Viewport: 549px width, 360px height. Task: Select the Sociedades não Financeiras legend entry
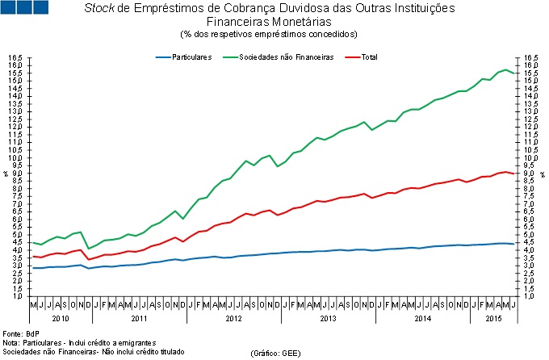[x=287, y=57]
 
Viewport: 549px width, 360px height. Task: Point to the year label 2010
[x=61, y=319]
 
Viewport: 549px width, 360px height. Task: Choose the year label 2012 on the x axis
[x=233, y=319]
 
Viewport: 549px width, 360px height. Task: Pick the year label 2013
[x=328, y=319]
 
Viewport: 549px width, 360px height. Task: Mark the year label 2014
[x=422, y=319]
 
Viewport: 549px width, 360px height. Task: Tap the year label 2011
[x=139, y=319]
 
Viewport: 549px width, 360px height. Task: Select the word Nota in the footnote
[x=10, y=342]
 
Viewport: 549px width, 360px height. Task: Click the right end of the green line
[x=514, y=73]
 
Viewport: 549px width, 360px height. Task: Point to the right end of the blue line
[x=514, y=244]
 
